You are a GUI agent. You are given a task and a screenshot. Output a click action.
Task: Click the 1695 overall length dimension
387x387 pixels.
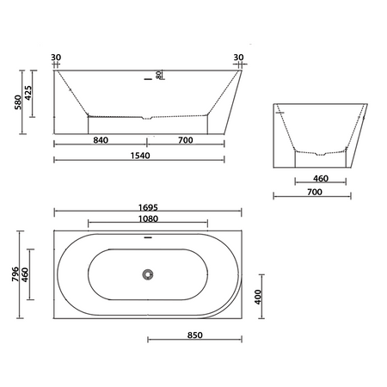coord(148,207)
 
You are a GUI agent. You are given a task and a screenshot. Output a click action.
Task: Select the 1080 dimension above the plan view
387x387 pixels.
coord(148,219)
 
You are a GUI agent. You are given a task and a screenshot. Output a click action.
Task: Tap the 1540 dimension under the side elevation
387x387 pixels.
coord(140,156)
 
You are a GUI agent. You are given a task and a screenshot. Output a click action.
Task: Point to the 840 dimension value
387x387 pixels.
coord(101,140)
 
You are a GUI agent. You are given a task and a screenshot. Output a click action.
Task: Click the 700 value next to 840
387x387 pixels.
coord(186,140)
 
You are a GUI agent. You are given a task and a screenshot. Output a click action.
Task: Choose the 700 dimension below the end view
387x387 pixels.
coord(315,192)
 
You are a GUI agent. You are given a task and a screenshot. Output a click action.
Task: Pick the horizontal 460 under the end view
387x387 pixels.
coord(321,179)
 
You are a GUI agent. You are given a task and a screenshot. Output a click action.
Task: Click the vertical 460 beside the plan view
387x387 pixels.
coord(25,274)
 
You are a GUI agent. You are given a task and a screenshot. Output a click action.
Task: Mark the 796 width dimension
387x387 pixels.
coord(15,274)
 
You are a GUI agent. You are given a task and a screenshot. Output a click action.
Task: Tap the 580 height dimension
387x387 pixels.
coord(18,102)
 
